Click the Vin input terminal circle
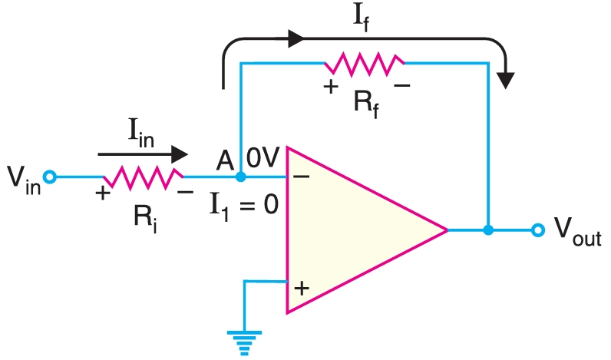(50, 177)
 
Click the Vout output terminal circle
(538, 230)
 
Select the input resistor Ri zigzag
(144, 177)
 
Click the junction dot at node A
(240, 177)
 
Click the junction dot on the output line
(487, 230)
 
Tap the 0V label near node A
(263, 157)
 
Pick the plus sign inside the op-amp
(302, 289)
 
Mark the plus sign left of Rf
(331, 87)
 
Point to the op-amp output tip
(447, 230)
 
